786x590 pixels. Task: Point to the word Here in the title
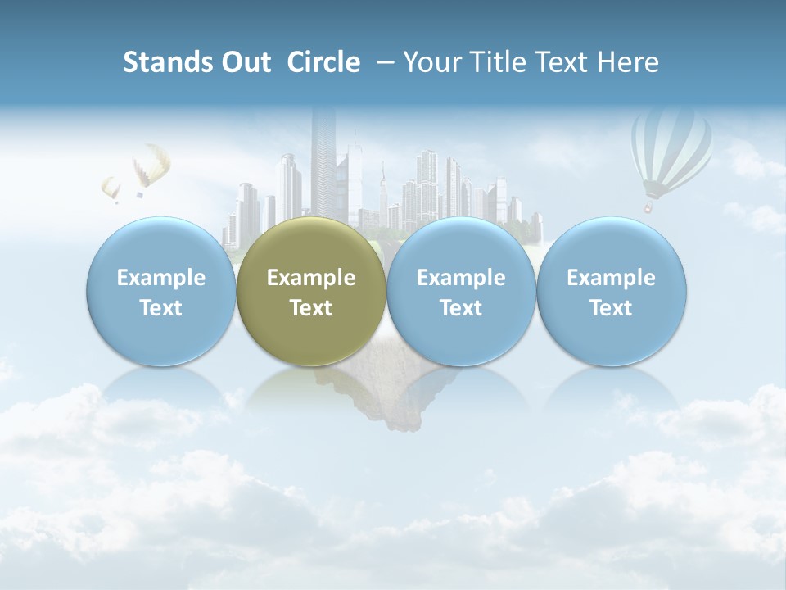point(628,62)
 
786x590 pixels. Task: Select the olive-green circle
point(311,292)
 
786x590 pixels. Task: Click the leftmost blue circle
point(161,292)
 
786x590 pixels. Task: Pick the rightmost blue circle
point(611,292)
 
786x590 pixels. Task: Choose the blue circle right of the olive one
point(461,292)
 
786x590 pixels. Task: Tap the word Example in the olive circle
point(311,278)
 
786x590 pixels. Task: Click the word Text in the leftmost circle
point(161,308)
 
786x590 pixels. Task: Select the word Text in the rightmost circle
point(611,308)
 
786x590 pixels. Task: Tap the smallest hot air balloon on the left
point(111,188)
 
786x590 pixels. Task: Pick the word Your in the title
point(431,62)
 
